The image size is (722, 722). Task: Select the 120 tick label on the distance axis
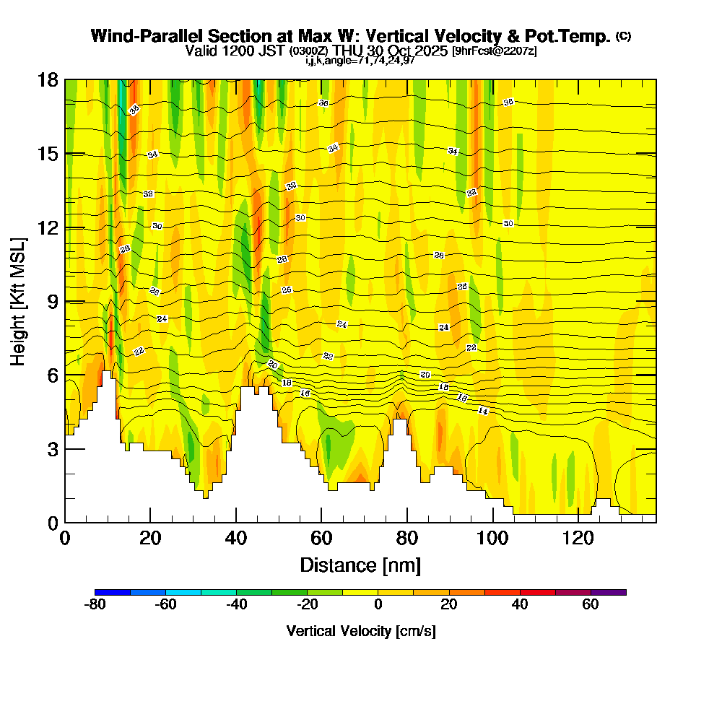[577, 539]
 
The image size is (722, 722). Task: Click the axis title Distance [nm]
[360, 565]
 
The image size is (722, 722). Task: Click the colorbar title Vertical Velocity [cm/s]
[360, 631]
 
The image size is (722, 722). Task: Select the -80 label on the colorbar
[95, 605]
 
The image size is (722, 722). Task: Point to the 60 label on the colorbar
[591, 605]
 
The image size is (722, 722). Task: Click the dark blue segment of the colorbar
[113, 592]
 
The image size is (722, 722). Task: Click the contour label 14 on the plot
[483, 411]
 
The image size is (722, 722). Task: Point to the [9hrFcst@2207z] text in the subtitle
[494, 51]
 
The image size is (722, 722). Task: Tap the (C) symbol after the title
[623, 36]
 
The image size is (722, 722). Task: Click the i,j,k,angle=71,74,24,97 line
[360, 60]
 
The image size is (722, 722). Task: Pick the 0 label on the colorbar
[378, 605]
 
